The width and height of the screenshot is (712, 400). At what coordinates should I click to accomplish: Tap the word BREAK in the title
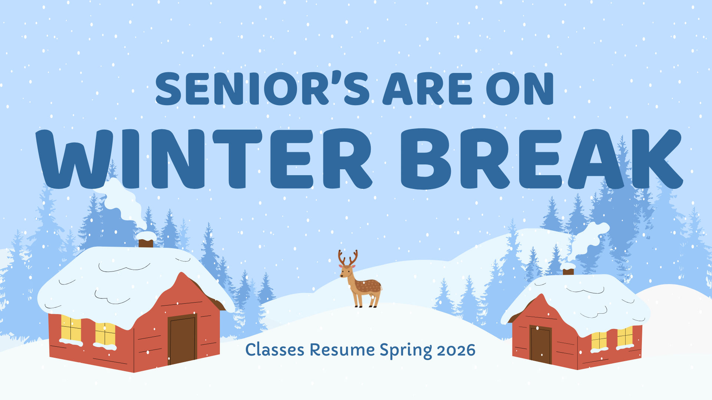point(541,159)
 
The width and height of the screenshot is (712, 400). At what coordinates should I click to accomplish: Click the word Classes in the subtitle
point(275,350)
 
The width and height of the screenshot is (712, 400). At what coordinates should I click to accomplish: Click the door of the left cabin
point(182,339)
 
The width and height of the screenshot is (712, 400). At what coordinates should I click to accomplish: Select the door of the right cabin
point(541,344)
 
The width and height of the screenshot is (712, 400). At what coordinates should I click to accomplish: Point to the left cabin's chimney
point(146,243)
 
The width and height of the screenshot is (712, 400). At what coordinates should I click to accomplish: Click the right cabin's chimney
point(568,271)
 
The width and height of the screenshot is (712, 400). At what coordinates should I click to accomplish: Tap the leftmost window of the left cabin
point(71,329)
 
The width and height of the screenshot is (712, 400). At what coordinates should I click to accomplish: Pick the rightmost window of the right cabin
point(625,336)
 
